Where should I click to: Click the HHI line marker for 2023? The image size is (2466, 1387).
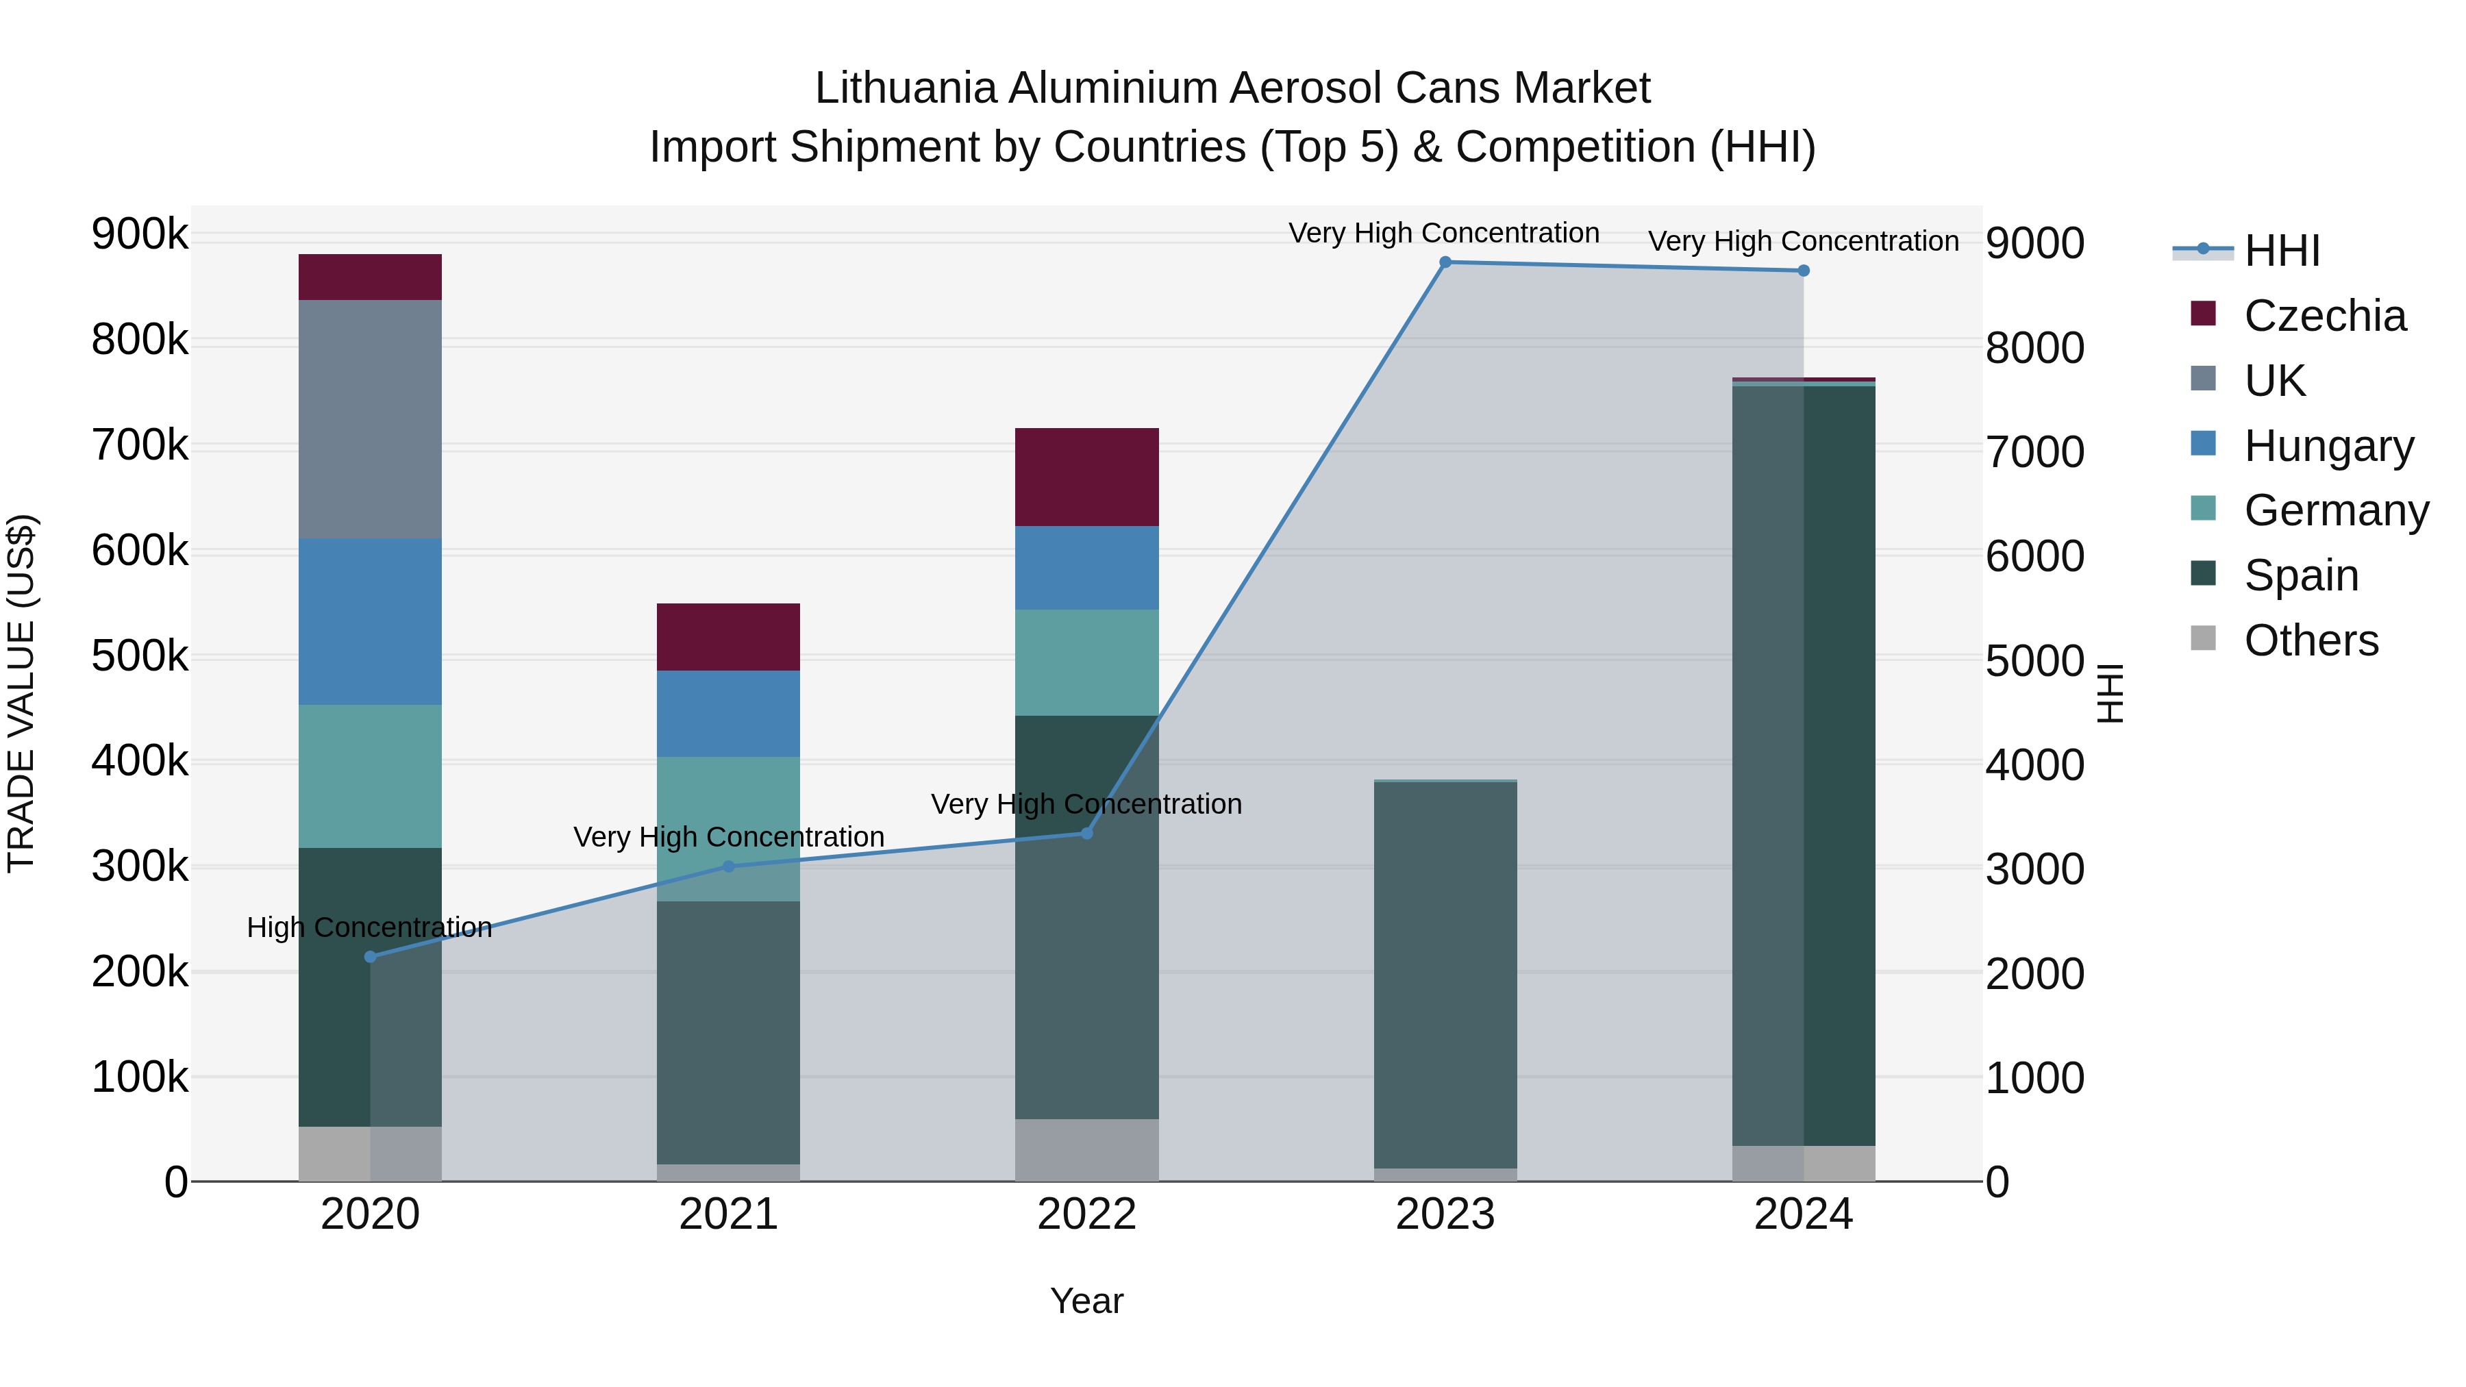coord(1445,262)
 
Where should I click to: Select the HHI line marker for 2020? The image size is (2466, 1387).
coord(371,956)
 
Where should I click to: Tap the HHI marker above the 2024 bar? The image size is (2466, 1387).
coord(1804,271)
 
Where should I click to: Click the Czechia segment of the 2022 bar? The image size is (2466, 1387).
coord(1086,477)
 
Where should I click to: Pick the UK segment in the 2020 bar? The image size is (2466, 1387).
coord(371,419)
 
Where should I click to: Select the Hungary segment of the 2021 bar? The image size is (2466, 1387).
coord(729,714)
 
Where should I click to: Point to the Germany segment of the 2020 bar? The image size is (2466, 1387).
coord(371,776)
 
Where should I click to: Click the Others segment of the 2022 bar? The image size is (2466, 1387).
coord(1086,1149)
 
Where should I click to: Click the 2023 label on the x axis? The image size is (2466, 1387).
coord(1445,1214)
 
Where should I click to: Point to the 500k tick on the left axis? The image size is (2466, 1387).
coord(140,657)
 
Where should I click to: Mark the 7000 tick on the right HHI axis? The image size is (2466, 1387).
coord(2034,452)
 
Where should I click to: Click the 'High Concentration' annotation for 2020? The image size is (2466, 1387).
coord(369,927)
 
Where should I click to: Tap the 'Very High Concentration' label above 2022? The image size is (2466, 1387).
coord(1086,804)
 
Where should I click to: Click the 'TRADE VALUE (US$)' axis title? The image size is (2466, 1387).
coord(22,693)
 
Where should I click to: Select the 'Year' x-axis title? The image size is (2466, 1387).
coord(1086,1301)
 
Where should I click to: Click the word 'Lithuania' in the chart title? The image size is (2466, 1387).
coord(905,88)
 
